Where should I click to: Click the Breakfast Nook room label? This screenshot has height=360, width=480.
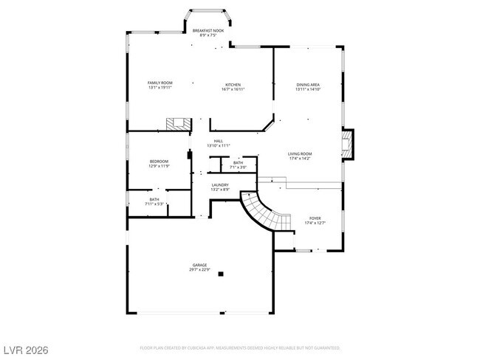[209, 31]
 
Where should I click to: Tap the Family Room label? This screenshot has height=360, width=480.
[160, 83]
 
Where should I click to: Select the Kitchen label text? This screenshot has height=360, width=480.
[233, 85]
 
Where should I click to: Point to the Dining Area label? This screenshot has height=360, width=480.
[308, 85]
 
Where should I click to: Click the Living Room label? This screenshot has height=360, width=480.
[300, 153]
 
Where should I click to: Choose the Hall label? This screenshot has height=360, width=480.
[219, 141]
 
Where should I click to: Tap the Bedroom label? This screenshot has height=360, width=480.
[160, 162]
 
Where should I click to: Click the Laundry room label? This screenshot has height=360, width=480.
[220, 185]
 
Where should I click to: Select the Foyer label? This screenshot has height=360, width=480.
[315, 218]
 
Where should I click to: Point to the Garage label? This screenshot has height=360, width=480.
[200, 265]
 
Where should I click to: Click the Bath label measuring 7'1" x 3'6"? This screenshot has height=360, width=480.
[238, 162]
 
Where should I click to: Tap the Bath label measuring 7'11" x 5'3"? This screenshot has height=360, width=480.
[154, 199]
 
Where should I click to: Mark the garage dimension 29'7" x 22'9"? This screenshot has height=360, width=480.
[200, 270]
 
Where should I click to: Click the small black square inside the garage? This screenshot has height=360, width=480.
[220, 274]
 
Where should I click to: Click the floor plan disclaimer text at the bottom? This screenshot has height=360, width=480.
[240, 347]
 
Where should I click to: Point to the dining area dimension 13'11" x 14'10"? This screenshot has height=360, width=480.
[308, 90]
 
